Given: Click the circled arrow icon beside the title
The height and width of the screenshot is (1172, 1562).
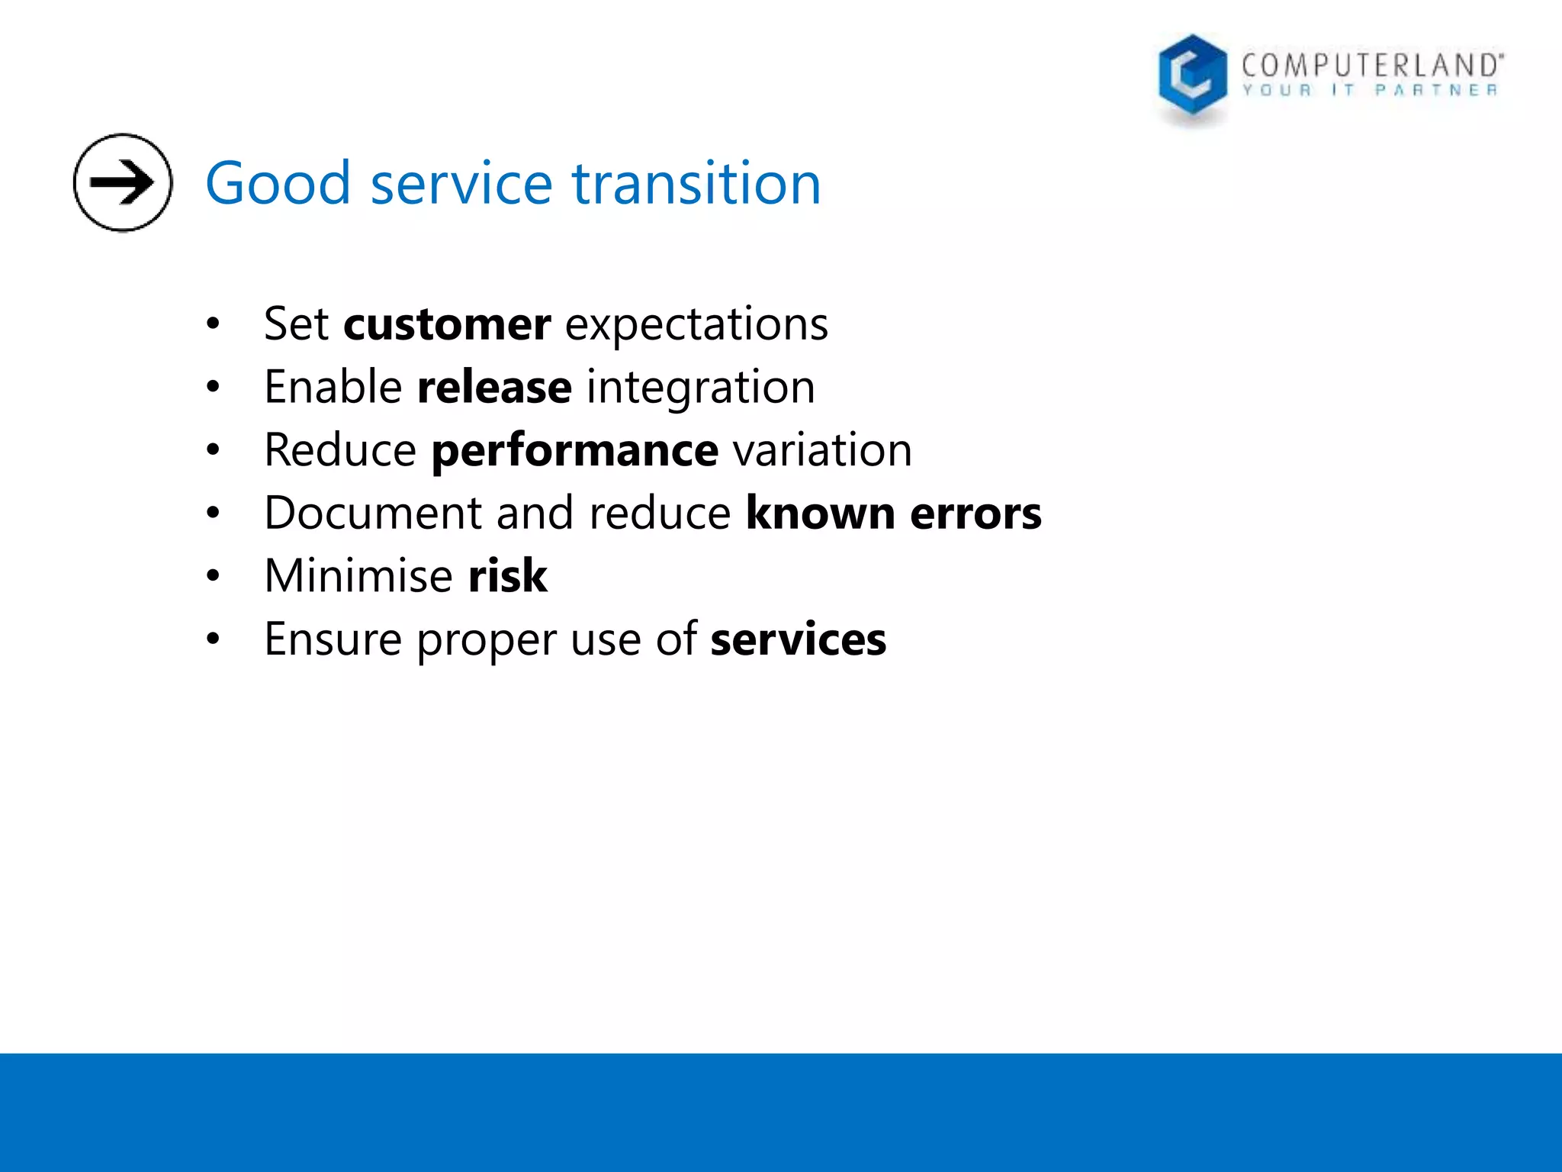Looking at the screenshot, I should [x=123, y=182].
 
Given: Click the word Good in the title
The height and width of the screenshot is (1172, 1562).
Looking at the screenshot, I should [x=278, y=184].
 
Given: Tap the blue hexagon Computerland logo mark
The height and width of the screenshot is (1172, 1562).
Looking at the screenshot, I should [x=1191, y=76].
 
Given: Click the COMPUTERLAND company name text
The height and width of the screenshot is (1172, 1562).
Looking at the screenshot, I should [x=1371, y=66].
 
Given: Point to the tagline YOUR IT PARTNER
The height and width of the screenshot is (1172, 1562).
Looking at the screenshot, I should [x=1370, y=91].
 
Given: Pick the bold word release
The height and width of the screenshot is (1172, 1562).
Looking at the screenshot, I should [x=494, y=388].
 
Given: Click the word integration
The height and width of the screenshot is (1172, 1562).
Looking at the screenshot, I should [x=700, y=388].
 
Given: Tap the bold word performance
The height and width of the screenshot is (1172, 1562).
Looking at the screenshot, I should [x=574, y=451].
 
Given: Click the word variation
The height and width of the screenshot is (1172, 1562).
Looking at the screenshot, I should [x=822, y=450].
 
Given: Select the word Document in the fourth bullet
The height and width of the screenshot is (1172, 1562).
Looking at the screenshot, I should [x=373, y=513].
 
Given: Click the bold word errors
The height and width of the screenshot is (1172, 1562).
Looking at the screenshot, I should [x=975, y=513].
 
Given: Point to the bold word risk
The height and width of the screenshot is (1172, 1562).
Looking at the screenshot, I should [x=507, y=576].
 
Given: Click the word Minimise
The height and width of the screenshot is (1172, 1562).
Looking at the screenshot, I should [x=358, y=576].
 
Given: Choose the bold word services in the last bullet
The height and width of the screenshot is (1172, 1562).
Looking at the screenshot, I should [x=798, y=639].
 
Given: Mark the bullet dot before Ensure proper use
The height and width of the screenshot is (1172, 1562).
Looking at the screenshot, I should [x=213, y=639].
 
